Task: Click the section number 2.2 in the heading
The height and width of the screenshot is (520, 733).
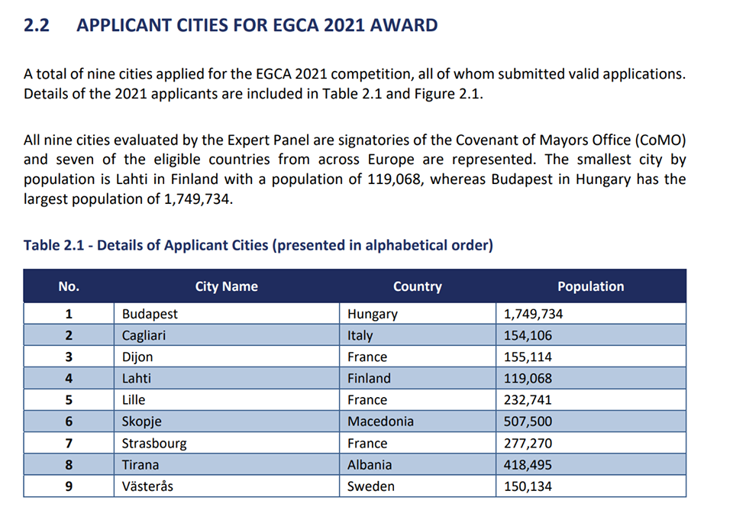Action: coord(37,25)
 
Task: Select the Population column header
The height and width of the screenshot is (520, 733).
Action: coord(590,286)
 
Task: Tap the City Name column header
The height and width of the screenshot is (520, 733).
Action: coord(226,286)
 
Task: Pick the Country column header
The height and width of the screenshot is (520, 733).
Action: coord(417,286)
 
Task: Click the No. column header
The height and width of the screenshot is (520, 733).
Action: coord(69,286)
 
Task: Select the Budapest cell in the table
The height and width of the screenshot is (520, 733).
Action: coord(150,314)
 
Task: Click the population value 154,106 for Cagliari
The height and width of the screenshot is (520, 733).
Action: coord(528,335)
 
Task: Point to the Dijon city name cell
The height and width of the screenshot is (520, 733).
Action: coord(137,357)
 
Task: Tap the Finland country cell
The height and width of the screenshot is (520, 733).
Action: coord(369,378)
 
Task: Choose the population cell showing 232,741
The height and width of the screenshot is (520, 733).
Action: coord(528,399)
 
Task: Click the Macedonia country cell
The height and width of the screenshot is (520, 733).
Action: coord(380,421)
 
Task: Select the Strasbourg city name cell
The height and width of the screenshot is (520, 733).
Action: coord(153,443)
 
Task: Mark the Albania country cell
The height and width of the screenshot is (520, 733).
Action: coord(370,464)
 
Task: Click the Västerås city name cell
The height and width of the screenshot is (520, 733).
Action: coord(147,486)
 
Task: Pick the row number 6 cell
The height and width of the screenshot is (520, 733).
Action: coord(69,421)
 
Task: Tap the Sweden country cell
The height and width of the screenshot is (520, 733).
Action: coord(371,486)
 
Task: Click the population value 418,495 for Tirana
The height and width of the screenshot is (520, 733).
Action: coord(528,464)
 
